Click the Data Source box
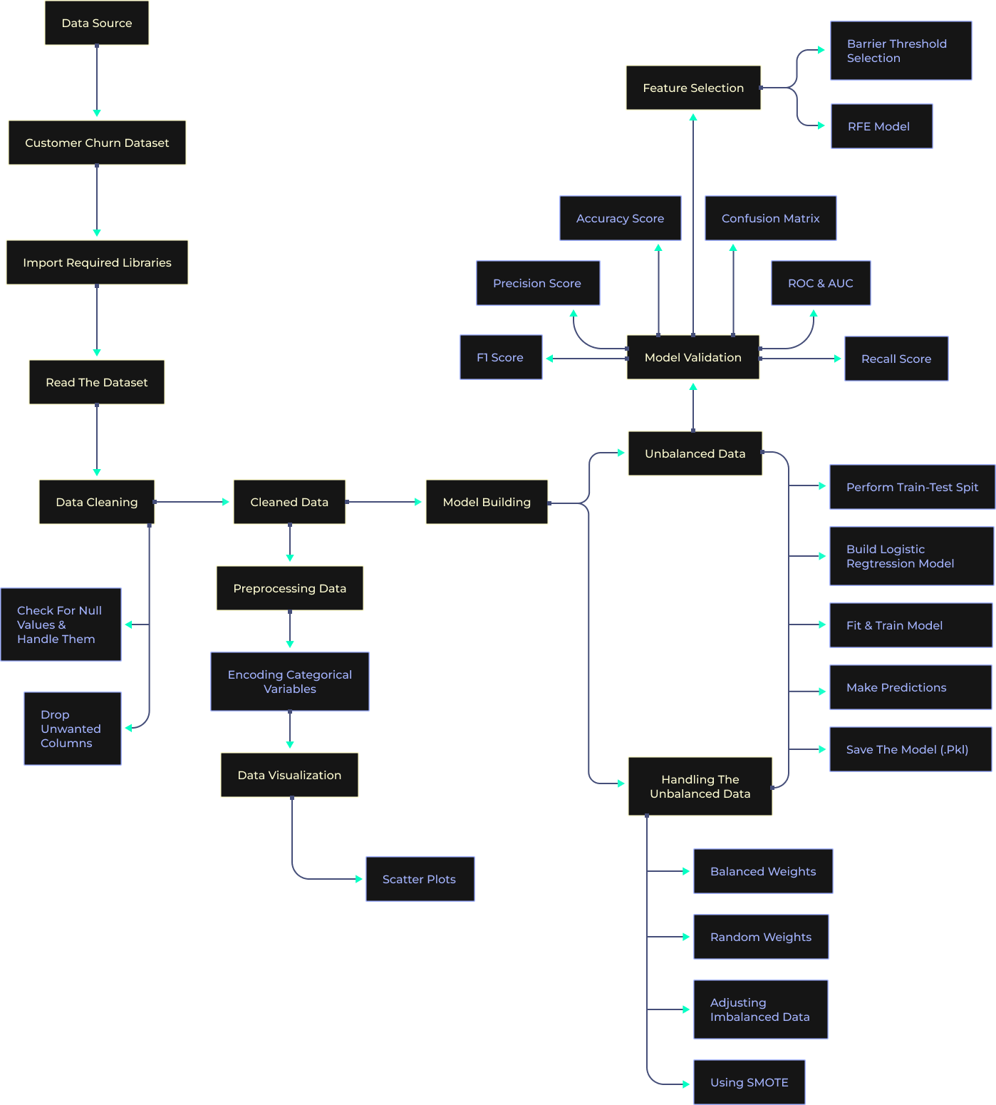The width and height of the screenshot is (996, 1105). pos(97,23)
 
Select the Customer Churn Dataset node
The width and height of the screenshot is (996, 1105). pos(97,143)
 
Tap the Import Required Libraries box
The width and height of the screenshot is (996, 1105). pos(97,262)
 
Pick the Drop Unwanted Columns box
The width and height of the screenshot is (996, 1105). pos(73,729)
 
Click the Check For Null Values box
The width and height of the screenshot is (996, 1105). pos(61,625)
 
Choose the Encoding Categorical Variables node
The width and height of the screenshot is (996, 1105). pos(290,682)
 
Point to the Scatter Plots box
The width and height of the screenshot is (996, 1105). pos(420,879)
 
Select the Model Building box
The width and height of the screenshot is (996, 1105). pos(487,502)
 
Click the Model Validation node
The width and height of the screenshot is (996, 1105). pos(692,357)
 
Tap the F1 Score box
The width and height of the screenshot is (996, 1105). pos(501,357)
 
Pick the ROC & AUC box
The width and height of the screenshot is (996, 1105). pos(821,283)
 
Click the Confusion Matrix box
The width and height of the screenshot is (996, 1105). pos(770,218)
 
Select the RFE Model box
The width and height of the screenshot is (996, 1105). pos(881,126)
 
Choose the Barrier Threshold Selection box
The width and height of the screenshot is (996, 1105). pos(901,51)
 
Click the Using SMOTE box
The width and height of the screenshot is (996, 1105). pos(749,1082)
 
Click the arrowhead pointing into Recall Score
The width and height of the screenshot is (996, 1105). pos(838,359)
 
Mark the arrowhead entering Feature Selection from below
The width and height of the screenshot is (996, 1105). pos(693,117)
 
